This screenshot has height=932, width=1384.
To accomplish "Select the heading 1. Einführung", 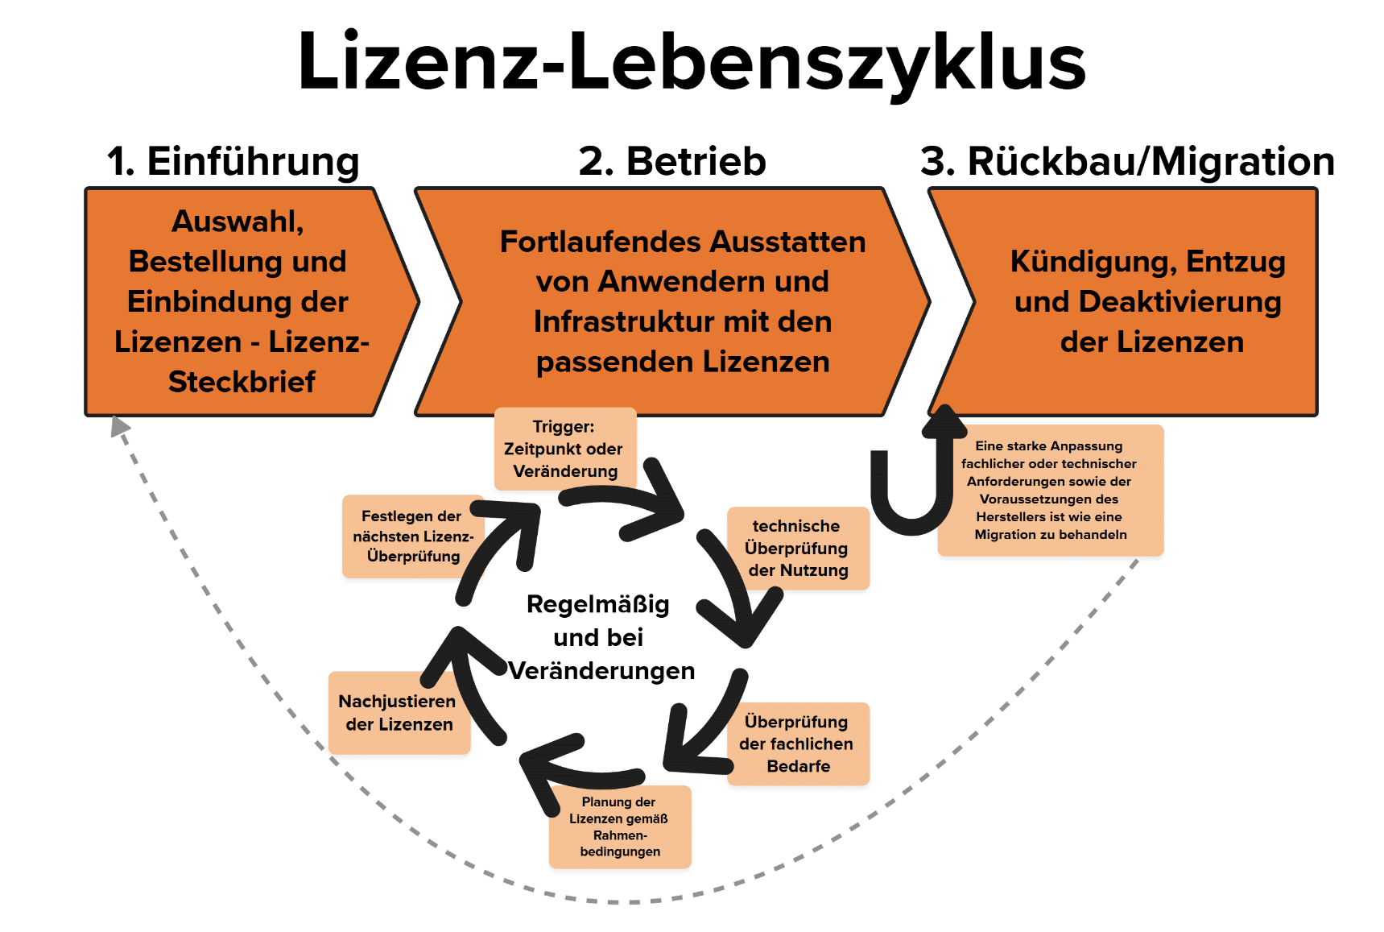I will [233, 161].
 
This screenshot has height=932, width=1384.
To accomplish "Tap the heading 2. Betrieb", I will [672, 161].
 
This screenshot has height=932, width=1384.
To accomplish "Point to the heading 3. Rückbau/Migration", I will [1127, 161].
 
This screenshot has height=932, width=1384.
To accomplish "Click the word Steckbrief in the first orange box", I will [242, 382].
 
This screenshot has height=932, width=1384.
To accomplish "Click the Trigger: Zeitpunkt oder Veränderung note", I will [564, 449].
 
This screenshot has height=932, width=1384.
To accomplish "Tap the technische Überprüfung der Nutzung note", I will [797, 548].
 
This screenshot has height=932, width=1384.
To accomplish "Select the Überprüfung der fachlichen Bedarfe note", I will [797, 744].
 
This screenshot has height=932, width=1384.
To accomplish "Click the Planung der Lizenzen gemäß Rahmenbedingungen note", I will [619, 826].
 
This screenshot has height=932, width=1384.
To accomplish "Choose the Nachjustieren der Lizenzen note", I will [398, 713].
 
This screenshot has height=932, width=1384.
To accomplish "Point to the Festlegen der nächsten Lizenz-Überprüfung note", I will [412, 536].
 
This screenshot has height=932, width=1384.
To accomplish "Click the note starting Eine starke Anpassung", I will [1050, 490].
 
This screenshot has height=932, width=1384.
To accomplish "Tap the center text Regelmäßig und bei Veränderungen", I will [599, 637].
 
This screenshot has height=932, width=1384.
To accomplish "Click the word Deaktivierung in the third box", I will [1179, 302].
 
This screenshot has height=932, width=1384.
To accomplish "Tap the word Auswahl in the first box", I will [237, 222].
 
